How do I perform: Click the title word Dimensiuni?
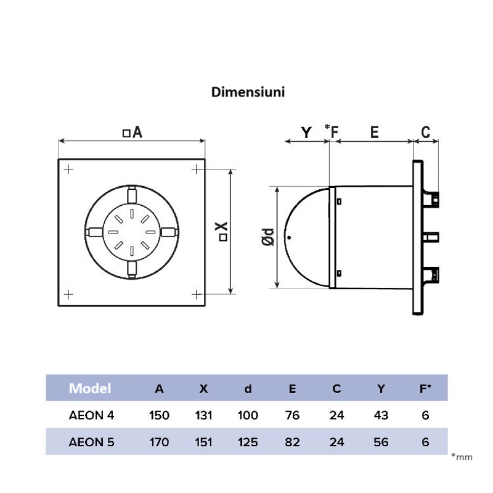[247, 92]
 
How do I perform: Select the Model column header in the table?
[90, 388]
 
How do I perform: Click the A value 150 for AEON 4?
[159, 415]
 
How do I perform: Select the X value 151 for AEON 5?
[203, 442]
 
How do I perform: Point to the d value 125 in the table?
[248, 442]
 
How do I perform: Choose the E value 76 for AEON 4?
[292, 415]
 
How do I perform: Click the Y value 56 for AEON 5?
[381, 442]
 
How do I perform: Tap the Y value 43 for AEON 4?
[381, 415]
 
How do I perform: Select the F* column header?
[425, 388]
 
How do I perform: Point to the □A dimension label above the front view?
[132, 132]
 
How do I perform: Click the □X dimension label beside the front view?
[222, 231]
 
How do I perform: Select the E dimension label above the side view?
[374, 132]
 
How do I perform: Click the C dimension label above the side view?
[425, 132]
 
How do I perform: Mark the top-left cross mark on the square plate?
[68, 169]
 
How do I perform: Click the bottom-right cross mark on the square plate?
[196, 293]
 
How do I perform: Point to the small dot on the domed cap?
[290, 237]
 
